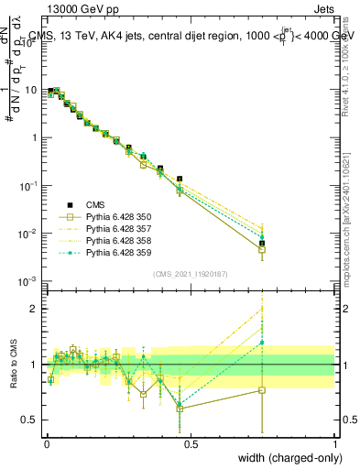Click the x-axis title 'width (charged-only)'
coord(286,457)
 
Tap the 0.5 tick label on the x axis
coord(191,442)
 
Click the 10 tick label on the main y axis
coord(31,91)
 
